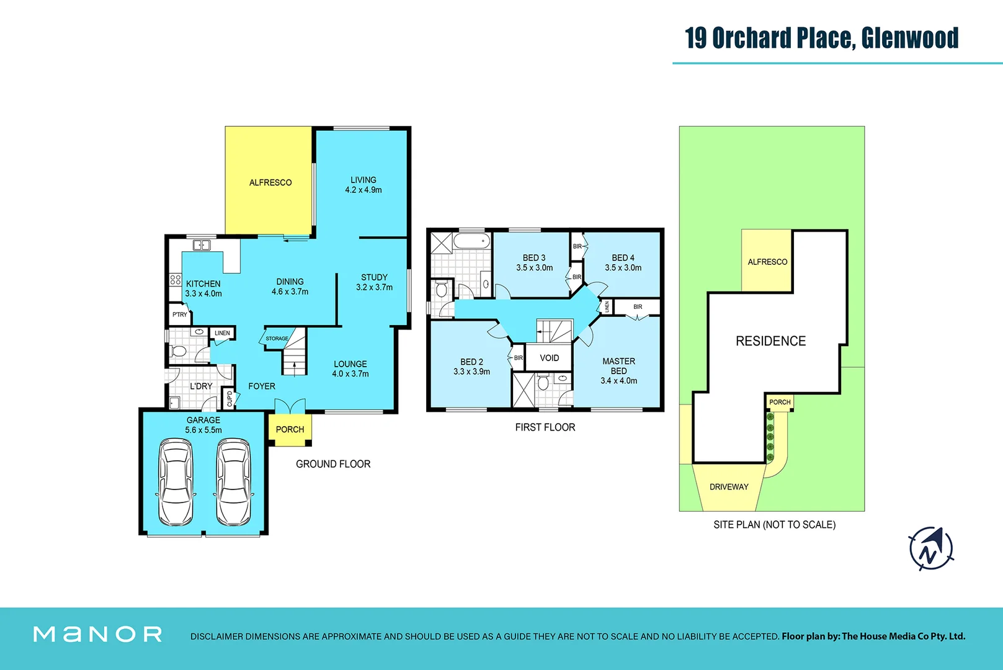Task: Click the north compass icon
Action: [x=930, y=548]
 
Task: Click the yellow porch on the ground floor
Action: [x=290, y=429]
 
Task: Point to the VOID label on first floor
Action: [x=549, y=358]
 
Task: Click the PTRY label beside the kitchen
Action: [x=180, y=315]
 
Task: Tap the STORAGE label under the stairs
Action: [x=277, y=339]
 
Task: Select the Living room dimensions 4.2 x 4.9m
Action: [x=363, y=190]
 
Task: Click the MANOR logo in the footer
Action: [x=97, y=634]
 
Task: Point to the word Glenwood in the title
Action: [x=909, y=38]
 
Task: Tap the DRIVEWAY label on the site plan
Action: [x=729, y=487]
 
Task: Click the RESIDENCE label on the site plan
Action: [x=770, y=341]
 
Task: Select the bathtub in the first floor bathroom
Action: [x=471, y=241]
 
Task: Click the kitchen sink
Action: [x=202, y=245]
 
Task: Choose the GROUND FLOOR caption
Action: [x=333, y=464]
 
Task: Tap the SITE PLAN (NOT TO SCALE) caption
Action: [x=774, y=525]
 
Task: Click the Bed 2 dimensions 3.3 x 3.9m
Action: [x=471, y=372]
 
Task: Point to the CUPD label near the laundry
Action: [x=230, y=398]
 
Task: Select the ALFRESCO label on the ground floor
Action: [x=270, y=182]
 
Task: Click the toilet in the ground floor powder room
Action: [x=179, y=351]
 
